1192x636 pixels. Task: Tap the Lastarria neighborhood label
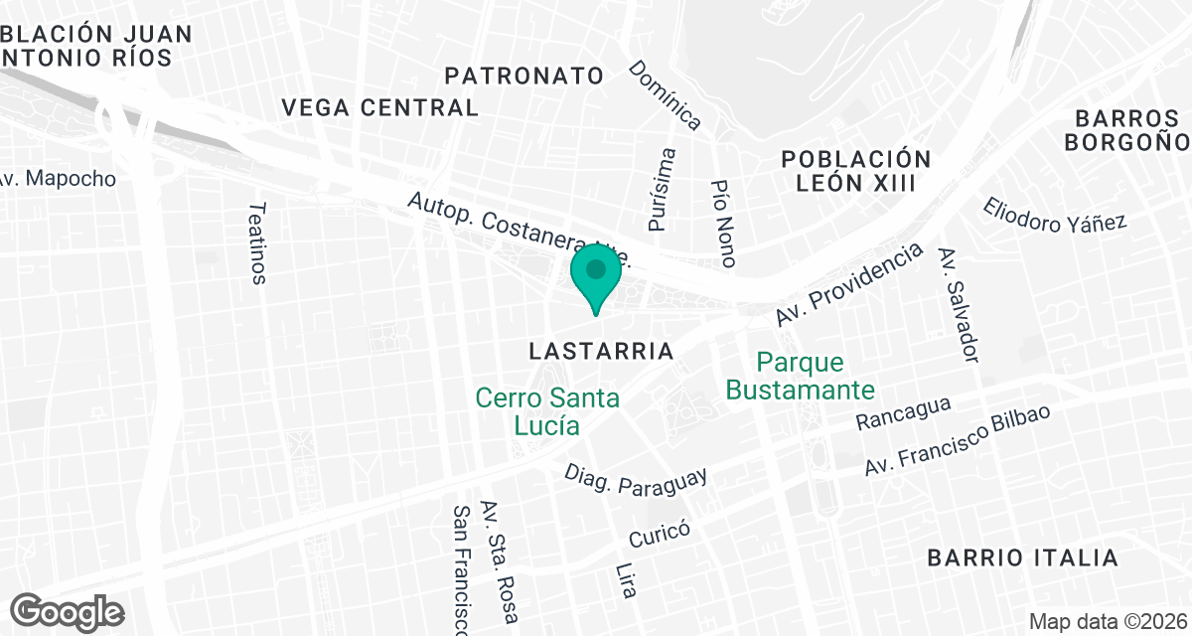click(x=601, y=351)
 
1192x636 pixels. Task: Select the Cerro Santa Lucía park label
click(x=547, y=411)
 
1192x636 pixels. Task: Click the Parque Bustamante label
click(x=800, y=376)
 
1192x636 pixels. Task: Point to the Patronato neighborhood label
click(x=524, y=76)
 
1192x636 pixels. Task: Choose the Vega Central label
click(x=380, y=107)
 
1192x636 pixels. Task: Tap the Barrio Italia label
click(x=1023, y=557)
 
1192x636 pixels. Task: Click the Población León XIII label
click(x=856, y=171)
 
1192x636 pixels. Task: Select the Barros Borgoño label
click(x=1126, y=129)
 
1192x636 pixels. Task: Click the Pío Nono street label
click(x=724, y=224)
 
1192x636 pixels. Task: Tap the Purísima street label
click(x=663, y=190)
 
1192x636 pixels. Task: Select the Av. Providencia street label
click(x=847, y=283)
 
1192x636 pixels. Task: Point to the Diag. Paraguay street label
click(x=636, y=479)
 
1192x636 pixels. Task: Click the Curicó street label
click(x=660, y=535)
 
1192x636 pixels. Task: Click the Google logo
click(x=68, y=609)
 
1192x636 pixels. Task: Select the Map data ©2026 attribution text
click(x=1106, y=622)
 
